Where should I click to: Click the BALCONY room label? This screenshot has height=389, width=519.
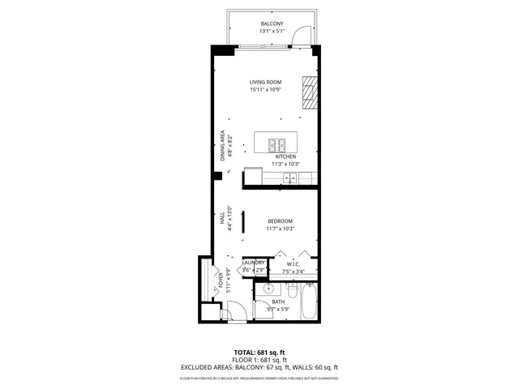tap(272, 24)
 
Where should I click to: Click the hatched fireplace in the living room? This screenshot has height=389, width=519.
tap(308, 92)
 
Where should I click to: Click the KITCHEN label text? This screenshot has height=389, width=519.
tap(285, 156)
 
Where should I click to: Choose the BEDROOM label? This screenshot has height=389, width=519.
tap(280, 221)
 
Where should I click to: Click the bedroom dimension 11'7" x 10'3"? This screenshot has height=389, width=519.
tap(280, 229)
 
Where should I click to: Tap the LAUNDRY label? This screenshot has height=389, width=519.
tap(254, 263)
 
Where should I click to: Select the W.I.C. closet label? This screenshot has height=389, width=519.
tap(293, 263)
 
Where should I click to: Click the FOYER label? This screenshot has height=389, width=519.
tap(220, 281)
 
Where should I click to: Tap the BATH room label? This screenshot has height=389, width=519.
tap(278, 301)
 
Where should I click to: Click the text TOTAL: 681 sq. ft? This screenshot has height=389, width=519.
tap(259, 352)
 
